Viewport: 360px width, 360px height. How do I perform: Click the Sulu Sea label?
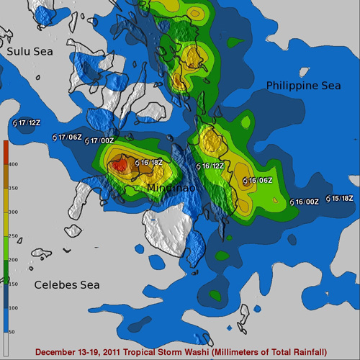[28, 52]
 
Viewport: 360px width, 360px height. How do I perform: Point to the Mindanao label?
[168, 189]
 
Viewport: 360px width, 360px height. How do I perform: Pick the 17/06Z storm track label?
[70, 137]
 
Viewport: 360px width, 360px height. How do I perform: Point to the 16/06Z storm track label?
[258, 180]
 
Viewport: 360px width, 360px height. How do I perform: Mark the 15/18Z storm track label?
[342, 198]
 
